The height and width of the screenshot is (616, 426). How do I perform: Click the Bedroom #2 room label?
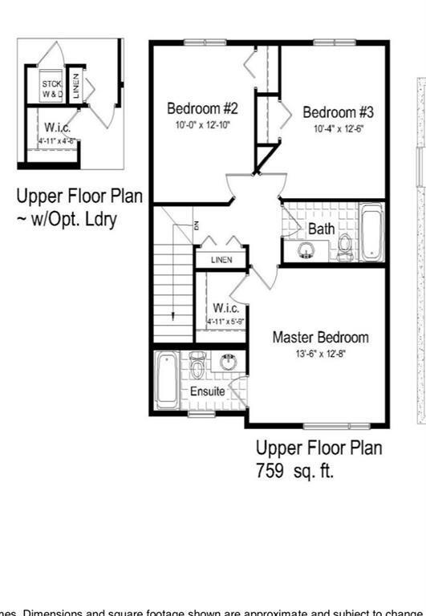201,107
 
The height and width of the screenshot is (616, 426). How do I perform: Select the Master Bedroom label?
320,337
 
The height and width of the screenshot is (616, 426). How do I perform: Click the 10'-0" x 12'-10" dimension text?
202,125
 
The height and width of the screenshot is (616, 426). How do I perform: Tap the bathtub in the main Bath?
371,232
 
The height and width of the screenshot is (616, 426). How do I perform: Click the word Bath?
321,229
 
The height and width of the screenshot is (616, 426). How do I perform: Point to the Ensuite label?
207,391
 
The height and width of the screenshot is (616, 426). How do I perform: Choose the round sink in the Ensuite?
227,362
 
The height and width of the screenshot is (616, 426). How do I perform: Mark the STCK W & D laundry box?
53,88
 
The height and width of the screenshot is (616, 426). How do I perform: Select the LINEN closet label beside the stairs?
221,260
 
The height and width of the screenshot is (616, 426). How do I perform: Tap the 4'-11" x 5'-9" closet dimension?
225,322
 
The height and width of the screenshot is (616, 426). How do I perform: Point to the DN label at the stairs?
193,225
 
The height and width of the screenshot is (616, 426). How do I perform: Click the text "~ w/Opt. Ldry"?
67,218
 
